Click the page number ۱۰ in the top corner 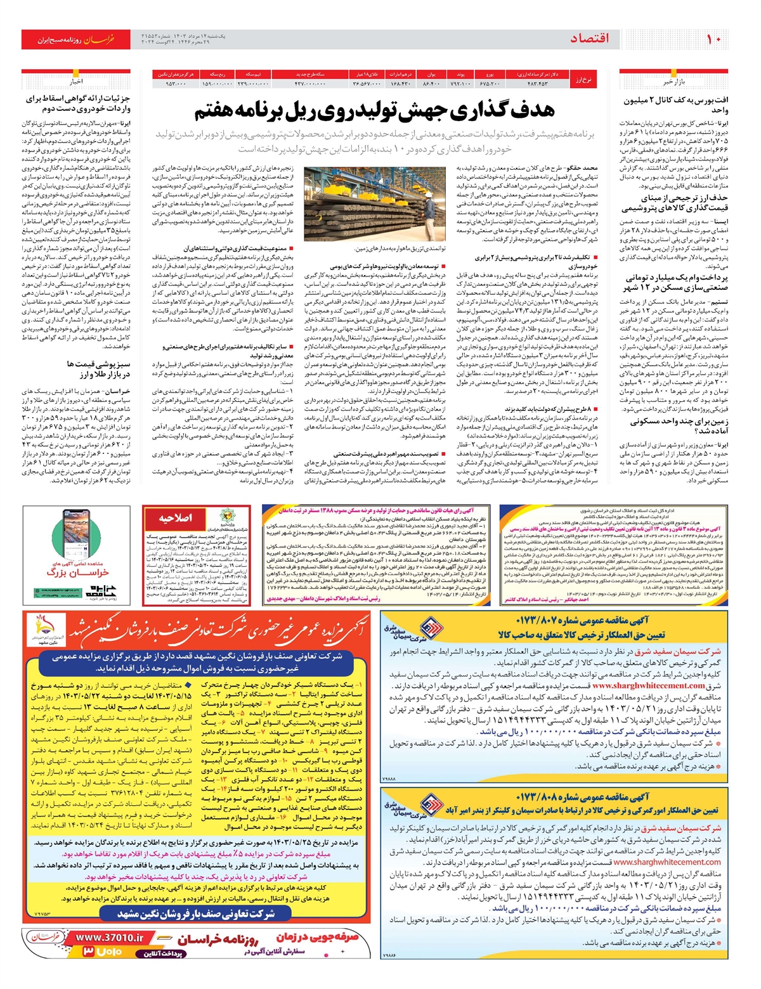pos(713,39)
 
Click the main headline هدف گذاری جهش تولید pos(374,110)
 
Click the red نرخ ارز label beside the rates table pos(583,79)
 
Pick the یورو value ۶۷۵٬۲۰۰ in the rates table pos(490,84)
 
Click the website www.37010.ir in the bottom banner pos(110,938)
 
